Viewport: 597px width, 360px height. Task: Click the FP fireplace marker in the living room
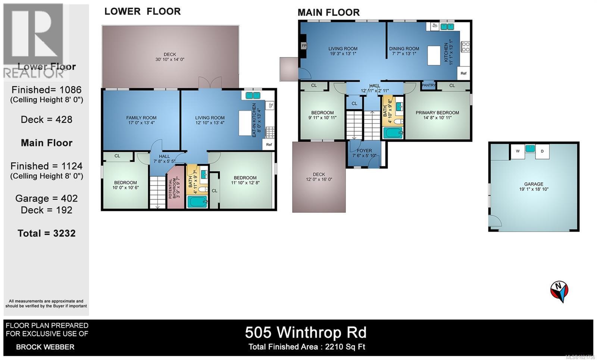(304, 46)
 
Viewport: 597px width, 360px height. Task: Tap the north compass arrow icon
(559, 291)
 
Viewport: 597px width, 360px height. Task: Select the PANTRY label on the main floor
(428, 85)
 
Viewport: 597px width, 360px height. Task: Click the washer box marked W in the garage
(518, 151)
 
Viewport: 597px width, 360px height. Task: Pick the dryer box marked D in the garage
(542, 151)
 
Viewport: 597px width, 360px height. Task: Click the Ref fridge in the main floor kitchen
(463, 73)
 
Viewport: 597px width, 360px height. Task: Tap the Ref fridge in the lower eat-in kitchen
(269, 144)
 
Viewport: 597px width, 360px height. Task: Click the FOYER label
(364, 151)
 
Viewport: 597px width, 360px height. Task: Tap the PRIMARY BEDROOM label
(437, 113)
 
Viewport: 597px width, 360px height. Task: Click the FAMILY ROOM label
(141, 118)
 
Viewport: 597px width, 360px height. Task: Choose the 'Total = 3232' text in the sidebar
(47, 233)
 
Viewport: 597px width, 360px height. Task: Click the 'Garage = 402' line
(47, 198)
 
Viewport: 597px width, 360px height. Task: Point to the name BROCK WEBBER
(45, 347)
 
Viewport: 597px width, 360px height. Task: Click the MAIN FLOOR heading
(328, 12)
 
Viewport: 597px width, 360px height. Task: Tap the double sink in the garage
(530, 148)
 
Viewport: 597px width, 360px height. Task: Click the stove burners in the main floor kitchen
(465, 46)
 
